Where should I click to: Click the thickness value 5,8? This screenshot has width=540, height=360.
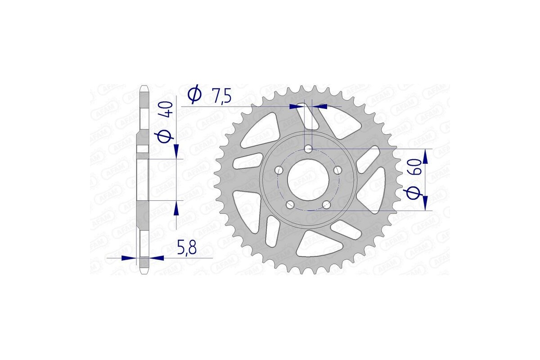tap(186, 248)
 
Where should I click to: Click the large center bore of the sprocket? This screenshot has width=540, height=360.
tap(309, 179)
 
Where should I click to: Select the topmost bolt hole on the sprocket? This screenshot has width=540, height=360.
tap(308, 148)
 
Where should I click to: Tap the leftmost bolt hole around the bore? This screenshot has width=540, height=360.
tap(279, 170)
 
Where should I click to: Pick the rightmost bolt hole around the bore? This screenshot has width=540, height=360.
tap(338, 170)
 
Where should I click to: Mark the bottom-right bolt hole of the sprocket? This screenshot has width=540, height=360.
tap(327, 205)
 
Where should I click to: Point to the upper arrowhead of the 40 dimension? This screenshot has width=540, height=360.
tap(176, 151)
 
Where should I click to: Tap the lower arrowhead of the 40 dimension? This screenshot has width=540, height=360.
tap(176, 207)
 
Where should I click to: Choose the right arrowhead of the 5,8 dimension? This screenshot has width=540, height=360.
tap(156, 258)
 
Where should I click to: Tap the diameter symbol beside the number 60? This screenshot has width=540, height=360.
tap(414, 192)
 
